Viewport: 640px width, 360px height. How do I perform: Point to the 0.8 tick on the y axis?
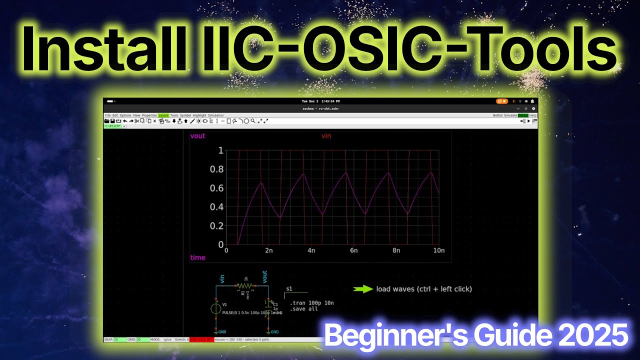216,169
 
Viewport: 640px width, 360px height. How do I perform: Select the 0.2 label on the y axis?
216,226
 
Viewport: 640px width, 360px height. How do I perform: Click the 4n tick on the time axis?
311,250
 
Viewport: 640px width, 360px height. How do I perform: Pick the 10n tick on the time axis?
438,250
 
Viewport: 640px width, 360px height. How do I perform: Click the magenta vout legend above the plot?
197,136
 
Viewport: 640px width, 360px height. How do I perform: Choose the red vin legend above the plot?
326,136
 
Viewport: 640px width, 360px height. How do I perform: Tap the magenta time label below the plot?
197,257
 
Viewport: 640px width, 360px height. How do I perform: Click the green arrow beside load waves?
363,289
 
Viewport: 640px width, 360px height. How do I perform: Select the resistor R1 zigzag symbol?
245,286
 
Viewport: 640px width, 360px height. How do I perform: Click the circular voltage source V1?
215,308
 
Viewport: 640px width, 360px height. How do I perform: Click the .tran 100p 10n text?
311,303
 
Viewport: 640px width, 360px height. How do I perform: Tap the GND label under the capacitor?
274,332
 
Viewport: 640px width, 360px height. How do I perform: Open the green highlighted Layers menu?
163,115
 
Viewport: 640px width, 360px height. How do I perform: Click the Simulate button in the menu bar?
510,115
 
